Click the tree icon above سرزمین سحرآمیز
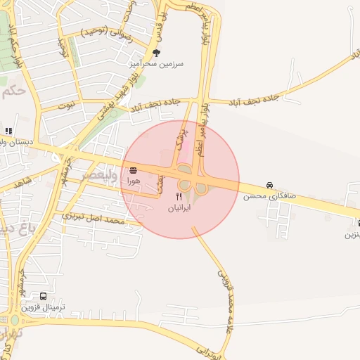[x=156, y=53]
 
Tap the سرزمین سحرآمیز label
[x=155, y=63]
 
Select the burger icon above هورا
[x=133, y=170]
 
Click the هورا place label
[x=133, y=181]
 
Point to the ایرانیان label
[x=180, y=209]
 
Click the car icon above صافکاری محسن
[x=270, y=185]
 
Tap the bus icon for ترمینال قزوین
[x=44, y=296]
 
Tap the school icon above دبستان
[x=8, y=131]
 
